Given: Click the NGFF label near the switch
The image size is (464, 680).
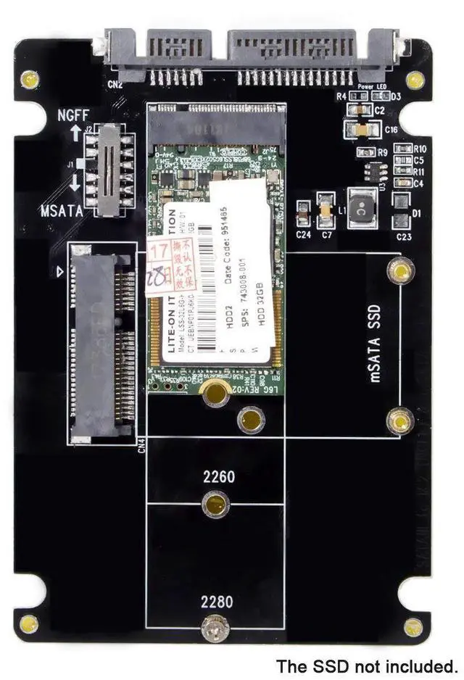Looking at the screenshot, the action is coord(73,115).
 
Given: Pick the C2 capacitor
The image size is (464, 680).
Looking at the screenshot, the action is coord(355,110).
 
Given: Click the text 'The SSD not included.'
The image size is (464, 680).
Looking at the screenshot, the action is coord(368,666).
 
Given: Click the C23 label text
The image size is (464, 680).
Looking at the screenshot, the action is coord(404,236).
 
